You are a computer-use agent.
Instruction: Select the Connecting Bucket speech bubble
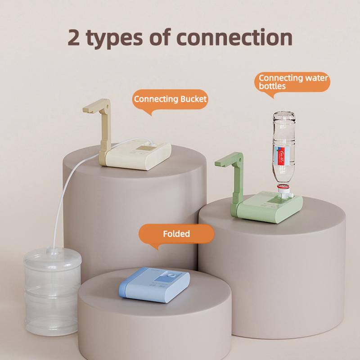point(171,99)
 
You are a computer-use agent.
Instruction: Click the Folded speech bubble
point(176,234)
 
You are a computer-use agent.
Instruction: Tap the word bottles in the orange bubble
point(272,85)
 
